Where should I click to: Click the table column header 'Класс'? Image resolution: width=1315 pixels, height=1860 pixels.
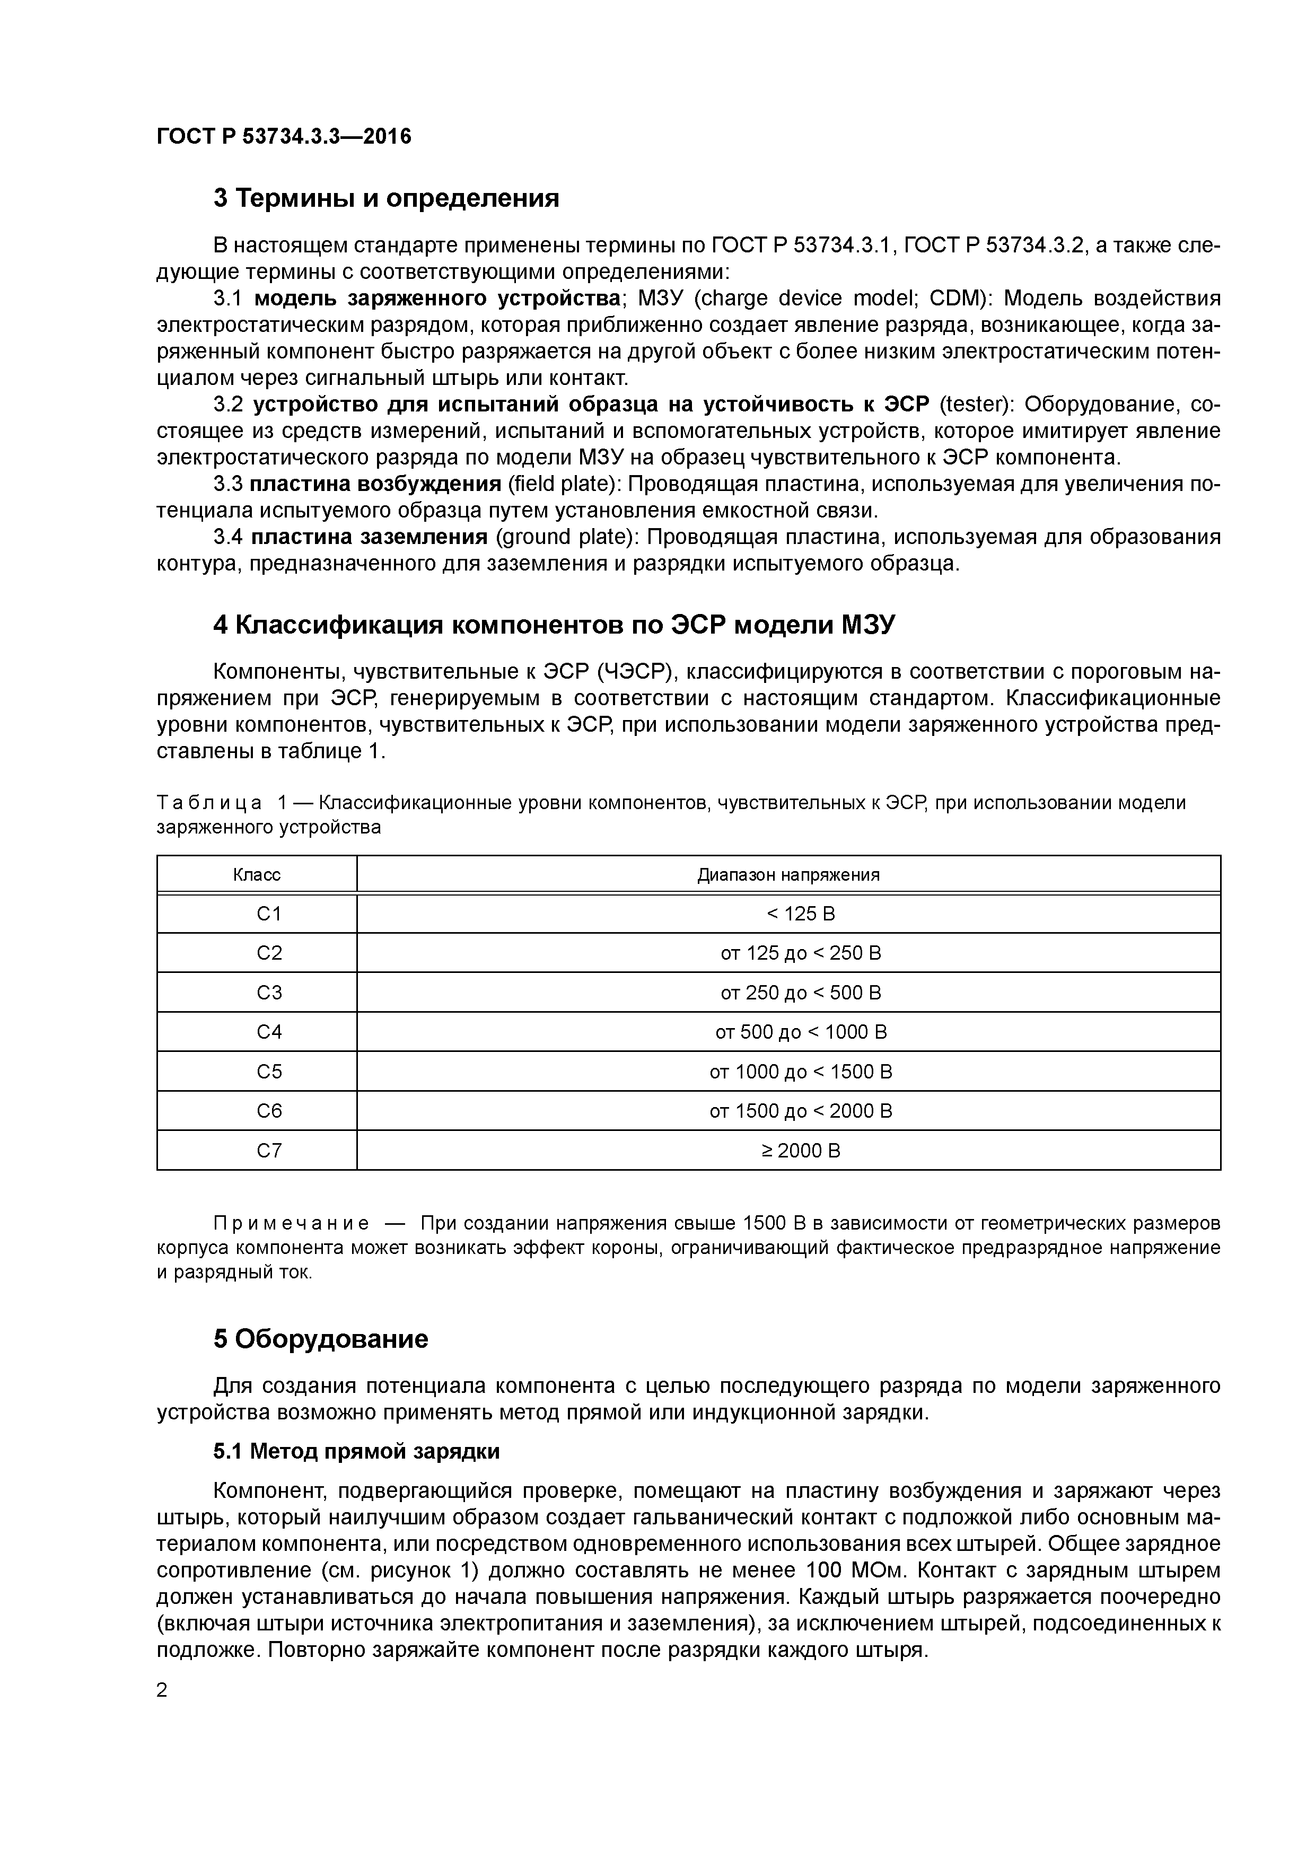point(257,875)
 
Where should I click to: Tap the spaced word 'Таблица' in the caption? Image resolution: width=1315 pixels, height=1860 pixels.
point(209,803)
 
